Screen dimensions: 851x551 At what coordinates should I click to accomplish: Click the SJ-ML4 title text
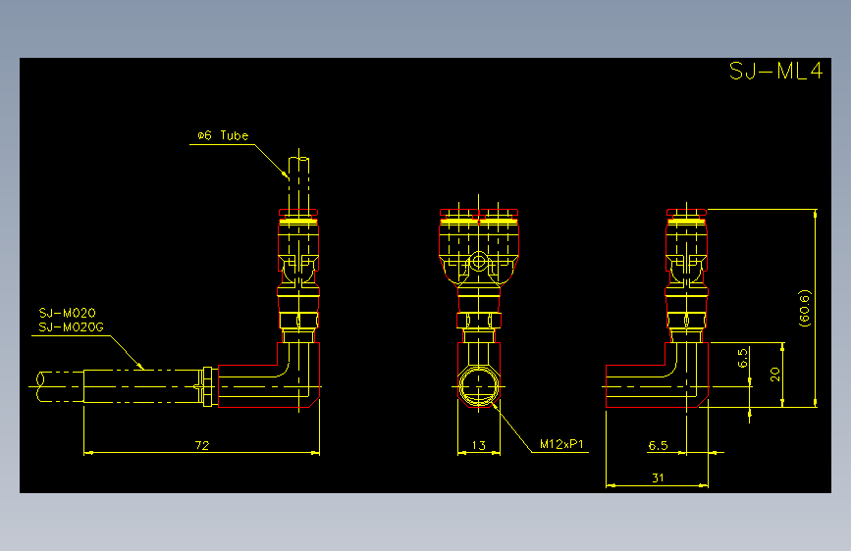775,71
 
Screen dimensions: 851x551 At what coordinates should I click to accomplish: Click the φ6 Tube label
223,135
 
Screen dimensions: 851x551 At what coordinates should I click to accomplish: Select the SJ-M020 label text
68,313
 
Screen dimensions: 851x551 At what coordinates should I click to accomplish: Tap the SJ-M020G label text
71,327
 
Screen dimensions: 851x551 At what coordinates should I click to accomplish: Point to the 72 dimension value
202,445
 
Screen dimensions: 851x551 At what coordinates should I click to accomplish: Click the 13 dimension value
478,445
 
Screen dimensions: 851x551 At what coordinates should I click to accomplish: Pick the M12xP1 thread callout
561,444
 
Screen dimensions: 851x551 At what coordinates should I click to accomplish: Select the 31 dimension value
658,477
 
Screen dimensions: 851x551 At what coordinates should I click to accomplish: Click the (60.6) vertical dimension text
804,308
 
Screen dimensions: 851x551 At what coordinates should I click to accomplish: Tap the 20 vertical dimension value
775,375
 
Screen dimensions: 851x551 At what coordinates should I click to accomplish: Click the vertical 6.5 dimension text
742,358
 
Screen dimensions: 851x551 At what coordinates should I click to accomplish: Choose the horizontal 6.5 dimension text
658,446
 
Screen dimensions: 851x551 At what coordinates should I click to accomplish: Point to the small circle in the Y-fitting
478,262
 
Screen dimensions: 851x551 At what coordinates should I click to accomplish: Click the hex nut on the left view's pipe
207,386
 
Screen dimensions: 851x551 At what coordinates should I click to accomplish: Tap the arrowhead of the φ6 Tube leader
285,174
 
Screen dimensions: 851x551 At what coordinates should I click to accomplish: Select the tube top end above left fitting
298,158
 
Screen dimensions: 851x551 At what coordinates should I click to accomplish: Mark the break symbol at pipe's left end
40,386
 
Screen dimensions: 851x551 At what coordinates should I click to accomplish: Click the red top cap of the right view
686,212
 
